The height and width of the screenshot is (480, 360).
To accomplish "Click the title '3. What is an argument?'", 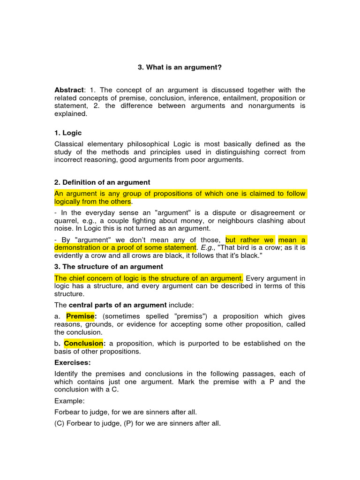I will point(180,67).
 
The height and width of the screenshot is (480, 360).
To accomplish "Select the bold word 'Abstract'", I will point(68,90).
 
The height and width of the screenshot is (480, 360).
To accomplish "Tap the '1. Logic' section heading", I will point(68,133).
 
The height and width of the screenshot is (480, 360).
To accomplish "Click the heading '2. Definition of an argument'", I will point(102,182).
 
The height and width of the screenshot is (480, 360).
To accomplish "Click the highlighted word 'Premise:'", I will point(81,316).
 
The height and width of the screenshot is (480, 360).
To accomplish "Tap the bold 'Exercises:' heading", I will point(73,362).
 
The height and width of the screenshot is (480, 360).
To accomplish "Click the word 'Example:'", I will point(70,401).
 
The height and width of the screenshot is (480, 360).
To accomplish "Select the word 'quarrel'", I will point(67,221).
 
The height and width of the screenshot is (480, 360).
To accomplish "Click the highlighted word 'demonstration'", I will point(78,247).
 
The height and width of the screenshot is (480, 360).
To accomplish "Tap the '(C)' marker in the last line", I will point(60,423).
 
